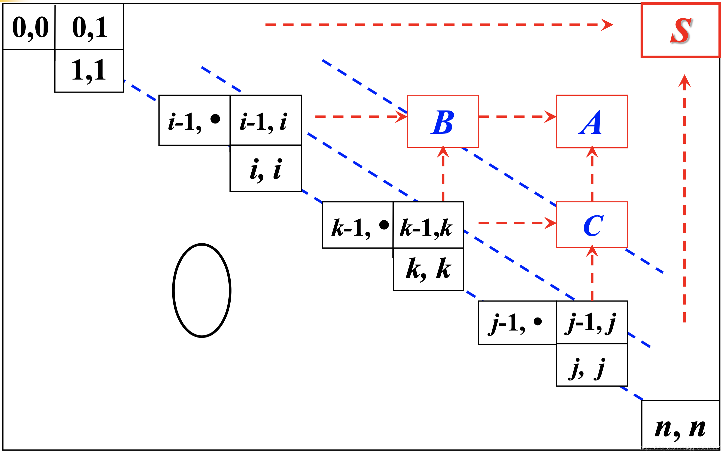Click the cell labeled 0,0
pos(29,27)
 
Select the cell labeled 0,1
pos(89,27)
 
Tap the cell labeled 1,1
pos(89,71)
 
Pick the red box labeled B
pos(443,121)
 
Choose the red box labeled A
pos(592,121)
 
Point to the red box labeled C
pos(592,225)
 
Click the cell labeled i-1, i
pos(265,120)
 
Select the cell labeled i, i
pos(265,168)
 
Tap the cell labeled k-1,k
pos(428,225)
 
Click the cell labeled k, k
pos(428,269)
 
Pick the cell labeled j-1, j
pos(592,322)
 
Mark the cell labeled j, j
pos(592,365)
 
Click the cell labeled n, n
pos(680,426)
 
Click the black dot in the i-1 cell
pos(215,119)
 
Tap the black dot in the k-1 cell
pos(384,225)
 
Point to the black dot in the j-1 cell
pos(538,321)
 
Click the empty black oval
pos(202,291)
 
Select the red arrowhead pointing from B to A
pos(550,117)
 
